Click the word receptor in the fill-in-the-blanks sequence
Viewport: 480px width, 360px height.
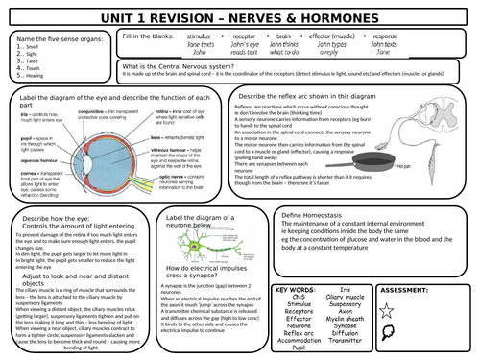coord(243,36)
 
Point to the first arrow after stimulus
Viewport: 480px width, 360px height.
coord(218,36)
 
